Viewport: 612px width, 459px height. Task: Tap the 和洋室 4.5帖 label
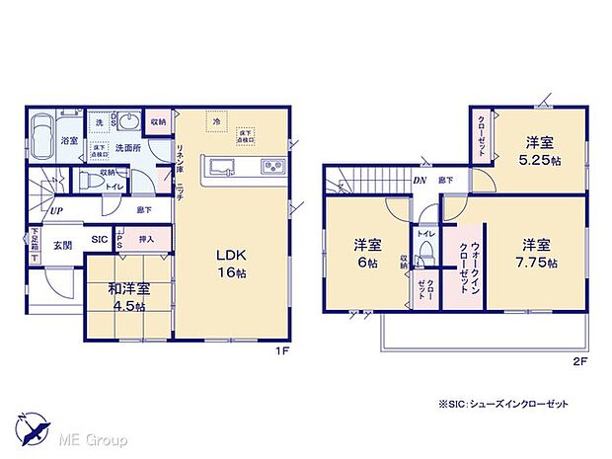coord(129,297)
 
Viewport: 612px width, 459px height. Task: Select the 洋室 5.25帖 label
coord(543,150)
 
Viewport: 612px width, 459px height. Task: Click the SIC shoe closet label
coord(100,240)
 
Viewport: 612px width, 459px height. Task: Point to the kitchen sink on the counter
coord(220,166)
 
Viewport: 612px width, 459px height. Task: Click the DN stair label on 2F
coord(419,181)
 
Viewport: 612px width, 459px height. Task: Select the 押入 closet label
coord(146,239)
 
